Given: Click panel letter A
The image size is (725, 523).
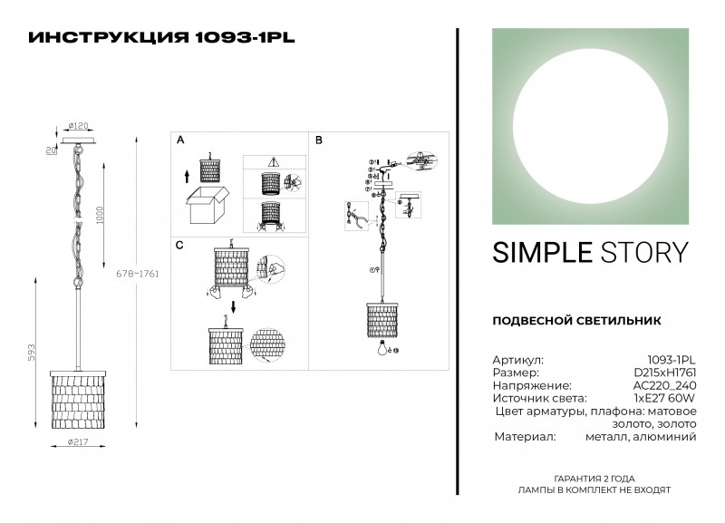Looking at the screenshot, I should [179, 141].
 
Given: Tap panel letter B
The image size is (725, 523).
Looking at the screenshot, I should [318, 141].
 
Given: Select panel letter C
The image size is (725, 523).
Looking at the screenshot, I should [179, 245].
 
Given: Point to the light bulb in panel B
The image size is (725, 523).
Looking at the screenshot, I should [381, 347].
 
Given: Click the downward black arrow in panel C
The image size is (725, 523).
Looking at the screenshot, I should [232, 306].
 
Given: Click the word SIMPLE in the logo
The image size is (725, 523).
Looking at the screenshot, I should [538, 253].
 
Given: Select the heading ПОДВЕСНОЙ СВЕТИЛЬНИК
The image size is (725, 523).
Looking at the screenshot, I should [575, 321].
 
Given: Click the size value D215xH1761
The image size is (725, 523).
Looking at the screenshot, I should [663, 373].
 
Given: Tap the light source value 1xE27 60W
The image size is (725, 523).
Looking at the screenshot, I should [664, 398].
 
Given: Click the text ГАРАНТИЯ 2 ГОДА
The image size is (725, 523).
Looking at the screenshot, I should [594, 477].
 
